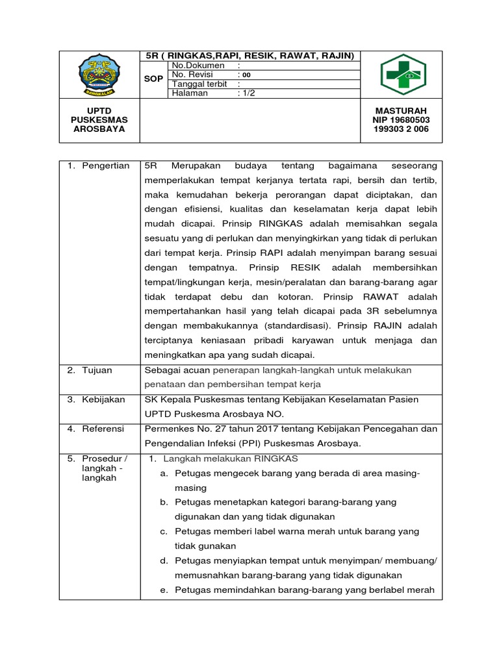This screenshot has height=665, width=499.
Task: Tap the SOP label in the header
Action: point(153,79)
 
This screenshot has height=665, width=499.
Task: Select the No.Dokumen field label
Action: point(198,66)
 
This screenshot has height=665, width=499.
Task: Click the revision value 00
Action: point(246,75)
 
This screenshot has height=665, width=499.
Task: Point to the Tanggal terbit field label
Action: point(201,84)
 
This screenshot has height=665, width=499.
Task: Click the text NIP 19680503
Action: point(401,120)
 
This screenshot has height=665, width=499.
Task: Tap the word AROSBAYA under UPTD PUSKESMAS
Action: point(99,129)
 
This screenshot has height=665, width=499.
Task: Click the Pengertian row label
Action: point(105,167)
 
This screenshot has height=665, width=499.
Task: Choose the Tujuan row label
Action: point(97,370)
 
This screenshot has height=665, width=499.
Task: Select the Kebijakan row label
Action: point(103,399)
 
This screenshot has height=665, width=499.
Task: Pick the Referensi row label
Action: point(105,429)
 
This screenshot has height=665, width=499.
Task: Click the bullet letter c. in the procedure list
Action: point(164,531)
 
